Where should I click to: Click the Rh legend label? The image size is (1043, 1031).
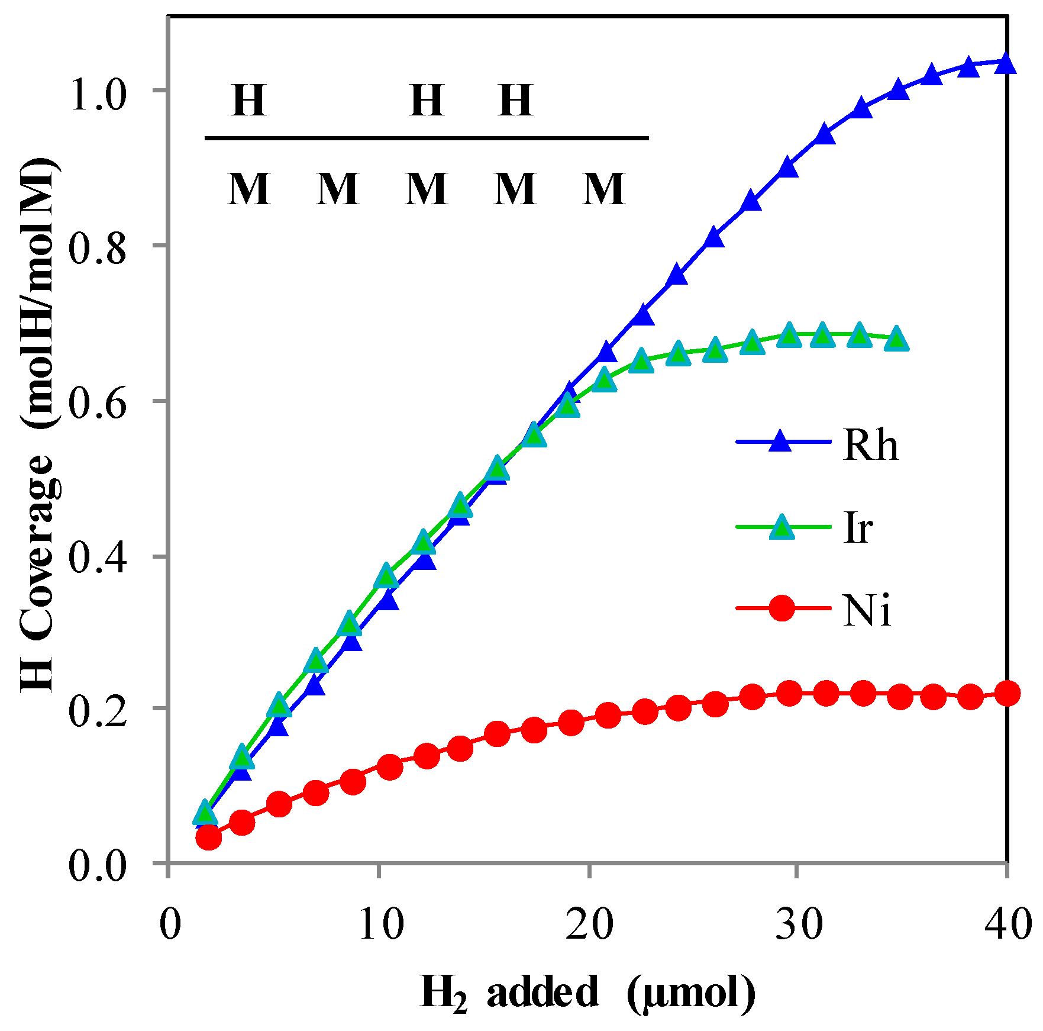click(870, 444)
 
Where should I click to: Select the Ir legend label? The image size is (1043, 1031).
click(857, 527)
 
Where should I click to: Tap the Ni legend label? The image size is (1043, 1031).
click(867, 610)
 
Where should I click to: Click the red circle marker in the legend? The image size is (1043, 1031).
click(782, 608)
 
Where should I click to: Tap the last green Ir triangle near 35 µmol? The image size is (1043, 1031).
click(897, 339)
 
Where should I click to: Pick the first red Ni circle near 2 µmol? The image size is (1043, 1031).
click(208, 837)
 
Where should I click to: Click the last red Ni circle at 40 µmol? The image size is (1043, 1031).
click(1007, 693)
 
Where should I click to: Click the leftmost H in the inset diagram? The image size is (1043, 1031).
click(248, 101)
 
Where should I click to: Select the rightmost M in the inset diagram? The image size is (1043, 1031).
click(603, 189)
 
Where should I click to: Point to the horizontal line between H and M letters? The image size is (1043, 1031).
click(426, 138)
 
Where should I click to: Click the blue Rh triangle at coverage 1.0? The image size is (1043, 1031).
click(898, 90)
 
